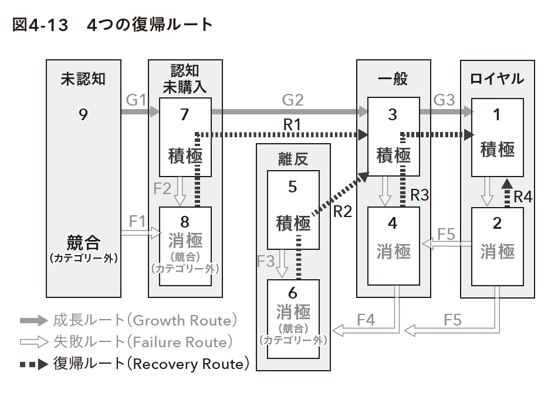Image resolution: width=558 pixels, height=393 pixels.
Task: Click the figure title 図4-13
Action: click(40, 25)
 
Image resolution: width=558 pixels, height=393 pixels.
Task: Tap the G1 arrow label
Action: click(136, 100)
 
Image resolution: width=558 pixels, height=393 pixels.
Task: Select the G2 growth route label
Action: click(293, 100)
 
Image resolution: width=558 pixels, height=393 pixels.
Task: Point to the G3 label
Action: click(444, 100)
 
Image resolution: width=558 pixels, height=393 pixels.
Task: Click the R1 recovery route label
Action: click(292, 124)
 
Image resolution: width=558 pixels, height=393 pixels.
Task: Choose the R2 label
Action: click(342, 212)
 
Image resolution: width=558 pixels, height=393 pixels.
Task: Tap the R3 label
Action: click(420, 195)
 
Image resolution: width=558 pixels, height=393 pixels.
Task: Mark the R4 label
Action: click(523, 196)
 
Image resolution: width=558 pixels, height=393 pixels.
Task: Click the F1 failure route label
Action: click(137, 222)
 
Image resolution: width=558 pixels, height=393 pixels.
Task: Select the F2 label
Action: click(163, 188)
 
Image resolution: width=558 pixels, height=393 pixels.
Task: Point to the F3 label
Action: click(266, 262)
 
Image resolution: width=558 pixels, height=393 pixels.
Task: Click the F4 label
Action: click(366, 320)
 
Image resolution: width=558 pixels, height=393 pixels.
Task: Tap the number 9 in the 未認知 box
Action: click(83, 114)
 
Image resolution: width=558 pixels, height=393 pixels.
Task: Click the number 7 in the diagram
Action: click(184, 114)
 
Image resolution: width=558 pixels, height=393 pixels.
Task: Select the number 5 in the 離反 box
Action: click(293, 187)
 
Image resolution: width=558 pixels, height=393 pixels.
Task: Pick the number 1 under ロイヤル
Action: click(497, 114)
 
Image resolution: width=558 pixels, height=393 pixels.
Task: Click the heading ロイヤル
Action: click(497, 79)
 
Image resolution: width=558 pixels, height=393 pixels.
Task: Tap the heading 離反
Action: click(293, 159)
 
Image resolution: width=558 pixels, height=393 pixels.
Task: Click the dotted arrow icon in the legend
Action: click(34, 364)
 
